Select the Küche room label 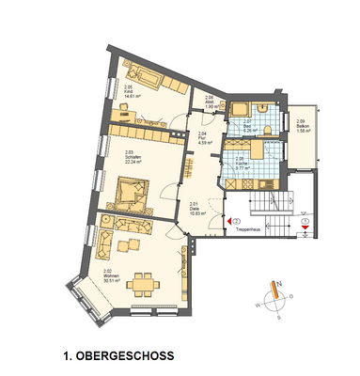[x=241, y=160]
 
